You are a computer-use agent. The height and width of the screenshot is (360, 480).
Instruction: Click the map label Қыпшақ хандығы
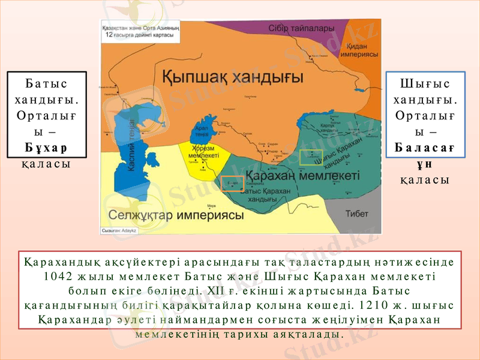(x=233, y=77)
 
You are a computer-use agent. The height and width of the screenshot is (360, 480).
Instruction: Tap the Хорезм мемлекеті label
(x=205, y=151)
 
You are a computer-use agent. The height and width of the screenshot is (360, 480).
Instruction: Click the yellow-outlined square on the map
(x=311, y=157)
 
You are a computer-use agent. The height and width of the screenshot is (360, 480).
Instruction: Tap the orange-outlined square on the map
(x=231, y=184)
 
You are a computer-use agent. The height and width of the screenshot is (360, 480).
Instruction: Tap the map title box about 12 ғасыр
(x=140, y=32)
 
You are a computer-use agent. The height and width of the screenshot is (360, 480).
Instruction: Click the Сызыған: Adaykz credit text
(x=119, y=230)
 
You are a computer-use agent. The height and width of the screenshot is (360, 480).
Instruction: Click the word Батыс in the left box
(x=46, y=83)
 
